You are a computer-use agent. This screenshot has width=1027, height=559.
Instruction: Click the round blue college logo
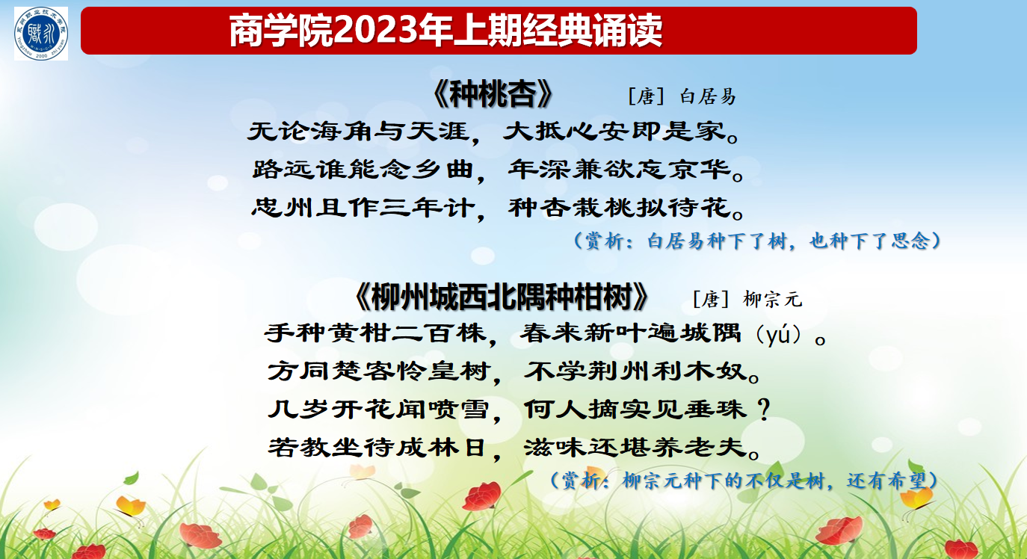(x=41, y=34)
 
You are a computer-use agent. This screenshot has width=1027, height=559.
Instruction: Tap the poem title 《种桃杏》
(x=493, y=94)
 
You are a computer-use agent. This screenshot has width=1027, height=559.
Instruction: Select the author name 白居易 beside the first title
(x=708, y=96)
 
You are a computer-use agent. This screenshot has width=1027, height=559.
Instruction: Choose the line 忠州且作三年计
(x=363, y=208)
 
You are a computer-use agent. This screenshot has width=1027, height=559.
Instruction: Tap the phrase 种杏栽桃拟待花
(x=620, y=208)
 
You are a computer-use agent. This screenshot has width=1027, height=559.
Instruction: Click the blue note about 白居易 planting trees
(x=757, y=241)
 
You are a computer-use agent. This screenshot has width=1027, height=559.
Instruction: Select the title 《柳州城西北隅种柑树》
(x=502, y=297)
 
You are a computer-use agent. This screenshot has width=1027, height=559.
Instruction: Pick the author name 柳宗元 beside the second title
(x=773, y=300)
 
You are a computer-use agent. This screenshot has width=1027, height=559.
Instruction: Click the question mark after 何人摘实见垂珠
(x=763, y=410)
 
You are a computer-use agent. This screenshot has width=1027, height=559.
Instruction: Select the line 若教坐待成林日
(x=377, y=447)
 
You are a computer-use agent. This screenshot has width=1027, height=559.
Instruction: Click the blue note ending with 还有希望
(x=744, y=481)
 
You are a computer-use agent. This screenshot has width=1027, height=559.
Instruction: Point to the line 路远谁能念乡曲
(x=363, y=170)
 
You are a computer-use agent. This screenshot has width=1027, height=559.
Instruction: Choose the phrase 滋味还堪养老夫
(x=636, y=447)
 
